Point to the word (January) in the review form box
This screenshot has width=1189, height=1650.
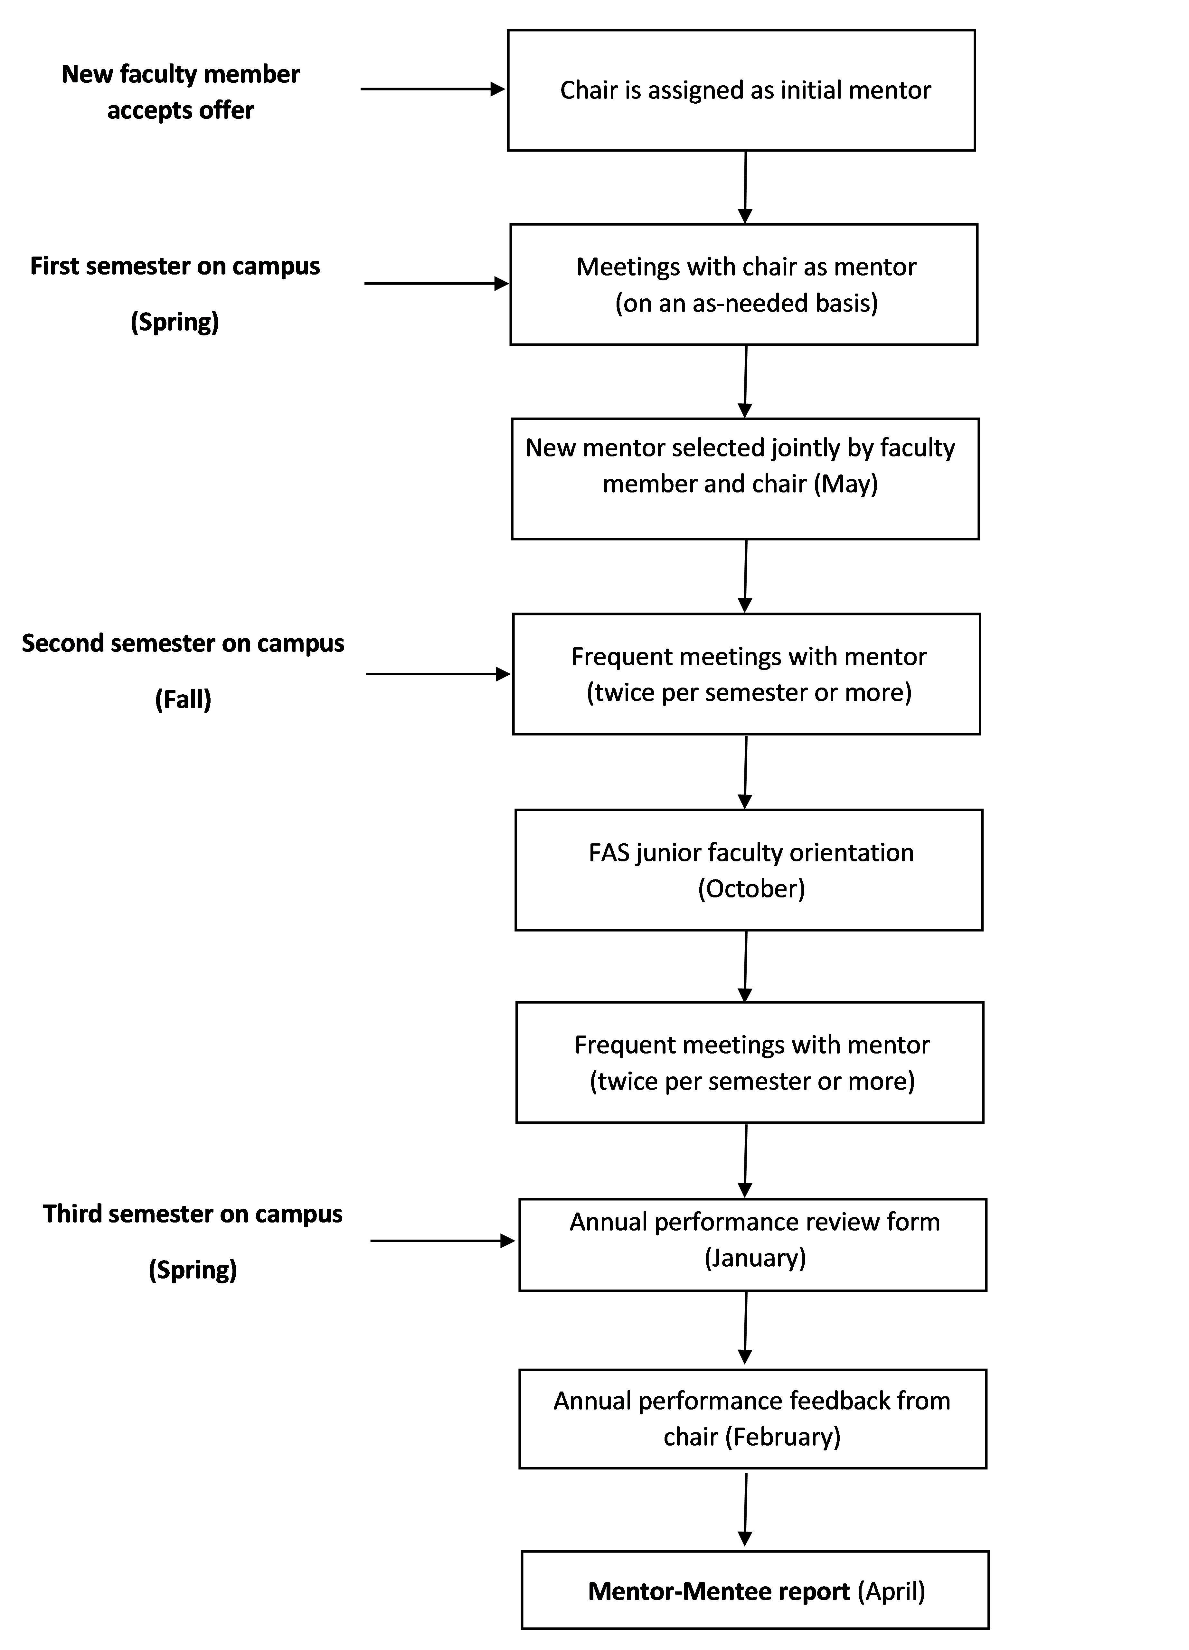(x=755, y=1258)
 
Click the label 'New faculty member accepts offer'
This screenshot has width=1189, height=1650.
(x=181, y=92)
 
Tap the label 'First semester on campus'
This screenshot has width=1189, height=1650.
(x=175, y=266)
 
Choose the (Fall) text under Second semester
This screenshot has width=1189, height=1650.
(x=184, y=700)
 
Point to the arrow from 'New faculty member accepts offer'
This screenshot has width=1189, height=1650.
(x=433, y=89)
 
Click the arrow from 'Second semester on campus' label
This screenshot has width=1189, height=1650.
(x=438, y=674)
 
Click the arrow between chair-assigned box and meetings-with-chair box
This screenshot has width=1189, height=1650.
(x=745, y=187)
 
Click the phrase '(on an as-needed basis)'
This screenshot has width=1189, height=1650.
(x=747, y=303)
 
